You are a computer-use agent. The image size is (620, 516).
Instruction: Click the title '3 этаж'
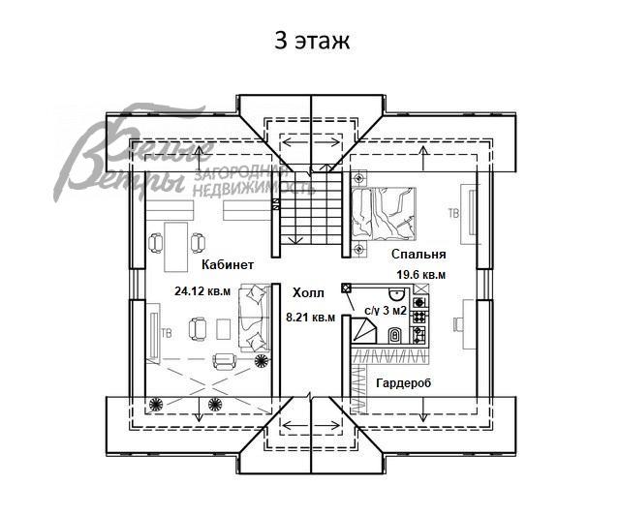tap(312, 41)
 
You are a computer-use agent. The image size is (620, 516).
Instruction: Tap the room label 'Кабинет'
tap(228, 264)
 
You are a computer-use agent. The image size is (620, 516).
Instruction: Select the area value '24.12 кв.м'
tap(202, 291)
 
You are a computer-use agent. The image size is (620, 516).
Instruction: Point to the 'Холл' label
tap(308, 292)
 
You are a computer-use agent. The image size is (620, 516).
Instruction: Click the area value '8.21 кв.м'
tap(310, 318)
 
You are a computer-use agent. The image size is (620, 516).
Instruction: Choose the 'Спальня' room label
tap(418, 254)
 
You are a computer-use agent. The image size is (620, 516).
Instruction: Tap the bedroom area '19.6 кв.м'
tap(421, 275)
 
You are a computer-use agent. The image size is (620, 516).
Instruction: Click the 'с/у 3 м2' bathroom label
tap(386, 311)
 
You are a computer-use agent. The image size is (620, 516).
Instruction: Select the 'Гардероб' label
tap(404, 382)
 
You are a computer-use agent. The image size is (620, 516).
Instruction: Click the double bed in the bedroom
tap(384, 214)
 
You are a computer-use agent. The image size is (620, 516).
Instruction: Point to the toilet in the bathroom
tap(394, 335)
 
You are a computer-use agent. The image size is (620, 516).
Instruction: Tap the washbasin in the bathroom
tap(395, 294)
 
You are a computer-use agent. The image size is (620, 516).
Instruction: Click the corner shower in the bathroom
tap(363, 330)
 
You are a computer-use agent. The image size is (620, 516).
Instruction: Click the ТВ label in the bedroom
tap(453, 213)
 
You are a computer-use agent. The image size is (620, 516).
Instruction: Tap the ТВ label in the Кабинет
tap(167, 333)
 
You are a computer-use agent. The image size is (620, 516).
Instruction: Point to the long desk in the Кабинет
tap(176, 247)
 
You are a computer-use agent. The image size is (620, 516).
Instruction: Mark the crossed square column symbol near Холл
tap(347, 288)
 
